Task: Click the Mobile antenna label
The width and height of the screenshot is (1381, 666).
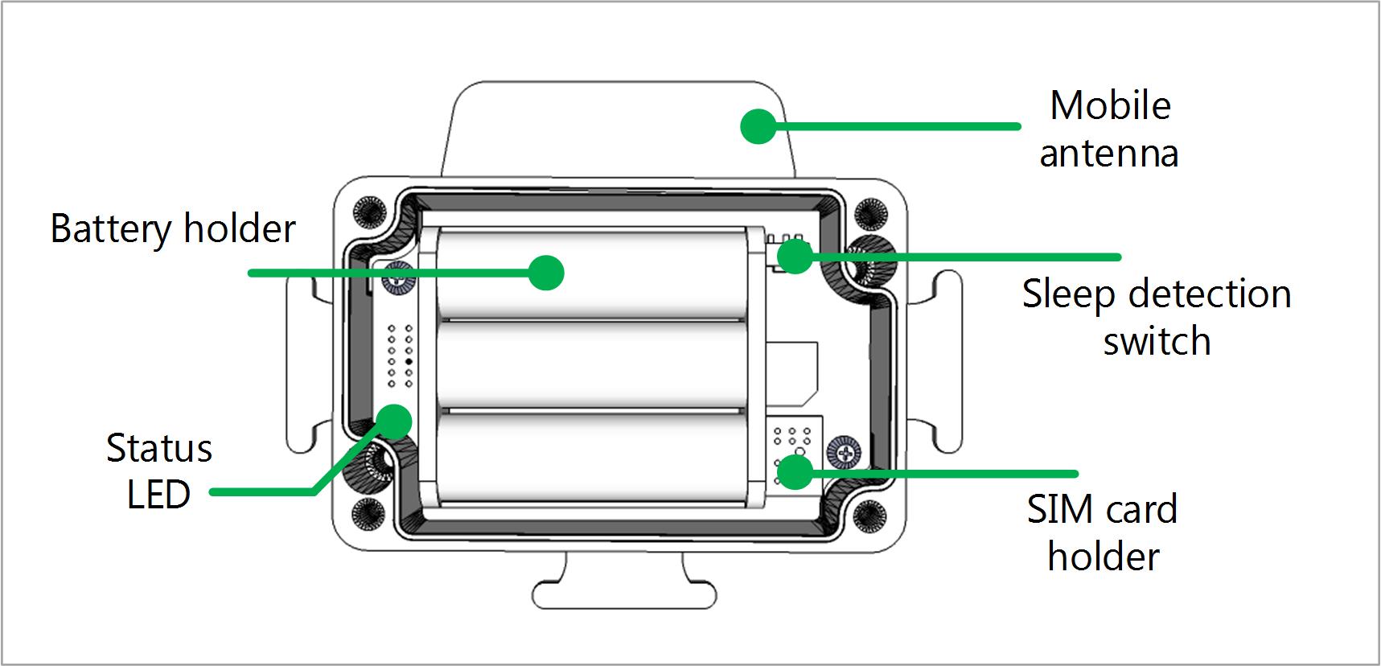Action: click(x=1109, y=129)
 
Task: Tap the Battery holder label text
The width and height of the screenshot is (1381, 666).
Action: click(x=173, y=228)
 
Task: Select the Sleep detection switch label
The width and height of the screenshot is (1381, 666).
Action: click(x=1157, y=317)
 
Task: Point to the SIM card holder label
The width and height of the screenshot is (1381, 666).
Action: click(x=1103, y=532)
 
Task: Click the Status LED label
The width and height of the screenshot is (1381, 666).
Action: click(x=159, y=471)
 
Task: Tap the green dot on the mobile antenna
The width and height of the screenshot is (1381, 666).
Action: click(x=757, y=126)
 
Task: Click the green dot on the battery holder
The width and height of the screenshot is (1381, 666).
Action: click(x=547, y=273)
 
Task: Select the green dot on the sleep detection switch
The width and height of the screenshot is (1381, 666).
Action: click(x=795, y=256)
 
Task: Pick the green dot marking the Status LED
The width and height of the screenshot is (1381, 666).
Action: click(x=393, y=421)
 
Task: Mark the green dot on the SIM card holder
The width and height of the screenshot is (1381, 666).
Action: click(x=795, y=471)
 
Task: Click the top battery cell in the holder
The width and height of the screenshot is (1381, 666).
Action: click(x=590, y=273)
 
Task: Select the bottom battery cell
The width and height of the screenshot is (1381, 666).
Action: click(x=590, y=457)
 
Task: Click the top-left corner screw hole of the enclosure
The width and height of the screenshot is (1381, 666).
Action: click(x=368, y=212)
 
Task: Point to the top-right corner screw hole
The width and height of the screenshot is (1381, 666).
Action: click(x=869, y=214)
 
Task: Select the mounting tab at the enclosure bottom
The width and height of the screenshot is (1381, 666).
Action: click(x=623, y=581)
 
